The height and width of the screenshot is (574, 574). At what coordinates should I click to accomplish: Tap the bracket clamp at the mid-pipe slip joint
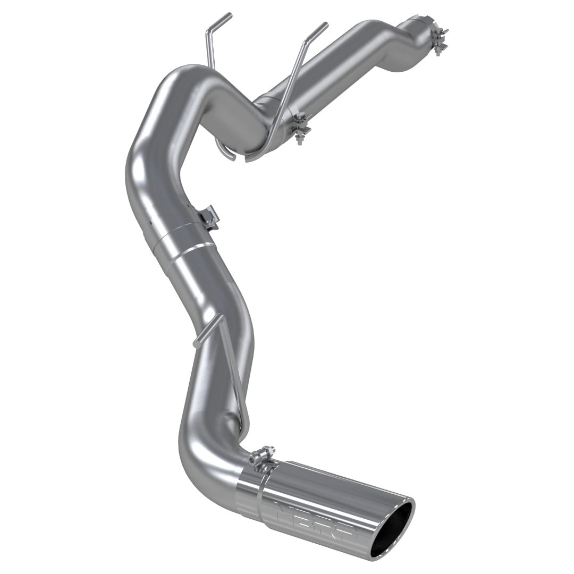tap(209, 217)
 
